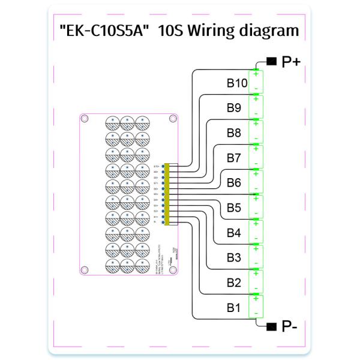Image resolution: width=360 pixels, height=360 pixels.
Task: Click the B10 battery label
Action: pyautogui.click(x=238, y=83)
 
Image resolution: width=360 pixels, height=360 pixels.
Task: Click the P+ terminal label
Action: pyautogui.click(x=291, y=62)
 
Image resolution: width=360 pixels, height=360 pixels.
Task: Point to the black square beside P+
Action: pyautogui.click(x=271, y=62)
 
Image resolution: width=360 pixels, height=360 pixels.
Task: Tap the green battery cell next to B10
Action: pyautogui.click(x=256, y=81)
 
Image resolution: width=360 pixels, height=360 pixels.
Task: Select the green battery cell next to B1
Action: pyautogui.click(x=256, y=306)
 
